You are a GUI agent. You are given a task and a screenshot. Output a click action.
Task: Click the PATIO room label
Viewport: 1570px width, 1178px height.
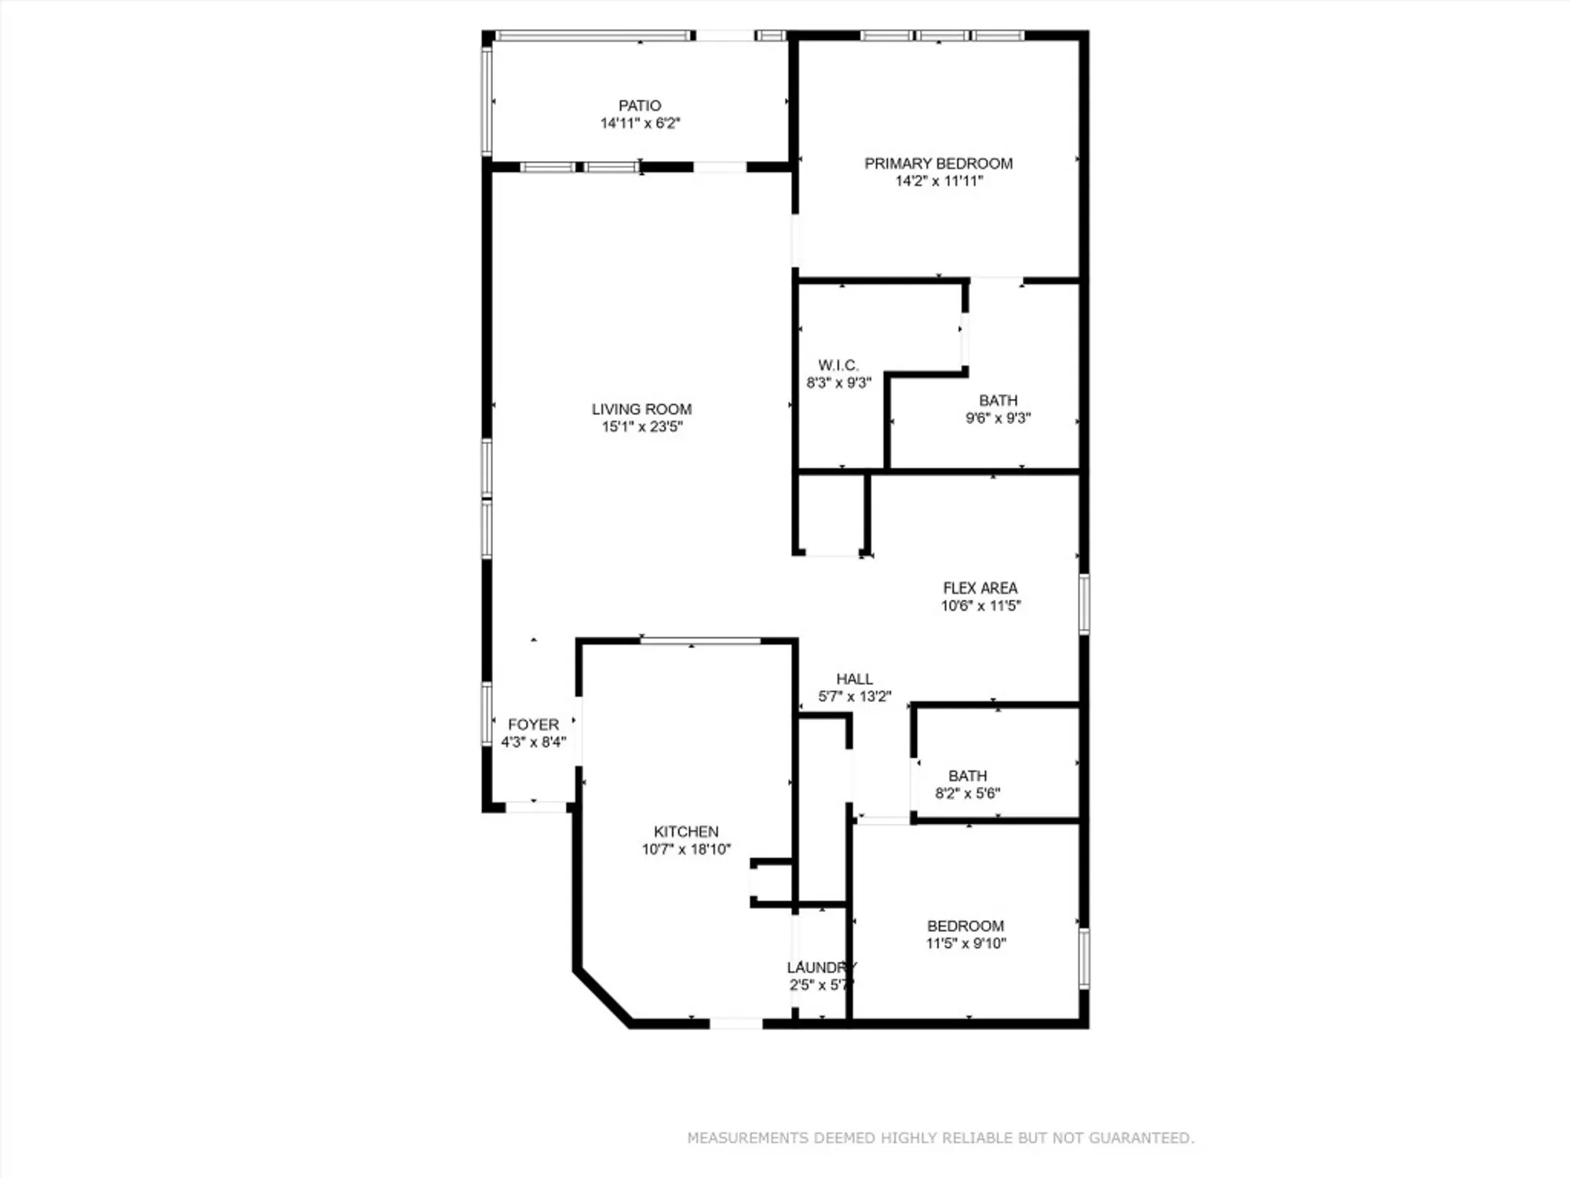click(640, 105)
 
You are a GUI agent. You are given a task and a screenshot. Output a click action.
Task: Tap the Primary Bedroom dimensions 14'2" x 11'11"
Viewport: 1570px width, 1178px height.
click(939, 181)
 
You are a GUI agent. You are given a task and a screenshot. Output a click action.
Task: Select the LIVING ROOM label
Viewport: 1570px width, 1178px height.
click(641, 409)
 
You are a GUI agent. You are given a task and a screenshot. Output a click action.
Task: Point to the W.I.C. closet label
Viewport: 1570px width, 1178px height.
click(838, 365)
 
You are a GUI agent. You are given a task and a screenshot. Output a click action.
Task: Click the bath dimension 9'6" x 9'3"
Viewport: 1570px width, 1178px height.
click(998, 419)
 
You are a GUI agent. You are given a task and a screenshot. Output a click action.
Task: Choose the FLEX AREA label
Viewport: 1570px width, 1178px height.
click(980, 588)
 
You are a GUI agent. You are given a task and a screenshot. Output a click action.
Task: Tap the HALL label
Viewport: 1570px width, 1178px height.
click(854, 679)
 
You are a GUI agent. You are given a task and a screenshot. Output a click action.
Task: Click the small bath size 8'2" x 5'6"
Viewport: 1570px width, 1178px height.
click(967, 794)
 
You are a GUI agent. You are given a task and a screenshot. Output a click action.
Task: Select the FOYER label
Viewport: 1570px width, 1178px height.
click(533, 725)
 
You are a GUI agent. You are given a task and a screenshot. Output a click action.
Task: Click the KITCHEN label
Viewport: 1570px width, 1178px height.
click(686, 832)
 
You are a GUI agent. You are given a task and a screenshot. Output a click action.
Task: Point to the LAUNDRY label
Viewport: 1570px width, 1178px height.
click(821, 968)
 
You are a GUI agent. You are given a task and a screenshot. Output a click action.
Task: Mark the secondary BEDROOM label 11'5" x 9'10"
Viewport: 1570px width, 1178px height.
click(965, 927)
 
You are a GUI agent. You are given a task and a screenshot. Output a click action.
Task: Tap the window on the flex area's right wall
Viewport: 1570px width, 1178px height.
click(1083, 604)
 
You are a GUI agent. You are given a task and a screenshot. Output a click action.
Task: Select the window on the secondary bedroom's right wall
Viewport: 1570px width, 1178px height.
click(1083, 959)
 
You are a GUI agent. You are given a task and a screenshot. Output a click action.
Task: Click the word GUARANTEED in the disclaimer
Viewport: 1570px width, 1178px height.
click(1152, 1138)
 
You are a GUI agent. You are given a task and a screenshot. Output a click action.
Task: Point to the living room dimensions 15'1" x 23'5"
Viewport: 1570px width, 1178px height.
click(641, 427)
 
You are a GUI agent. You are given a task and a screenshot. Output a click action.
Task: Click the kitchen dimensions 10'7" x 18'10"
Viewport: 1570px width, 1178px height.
click(686, 850)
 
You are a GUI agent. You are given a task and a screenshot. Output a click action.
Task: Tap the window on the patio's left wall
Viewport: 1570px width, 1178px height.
click(487, 101)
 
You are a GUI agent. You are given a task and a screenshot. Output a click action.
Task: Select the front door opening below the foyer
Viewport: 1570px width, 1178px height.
click(535, 807)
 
